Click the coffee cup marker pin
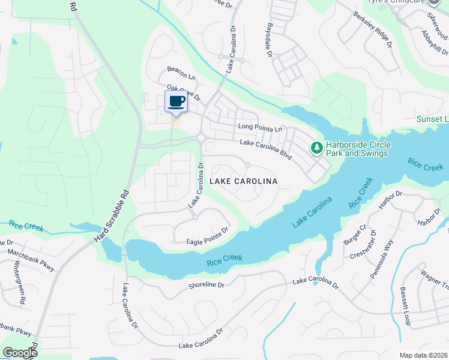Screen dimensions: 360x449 176,102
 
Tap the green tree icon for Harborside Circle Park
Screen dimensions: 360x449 316,147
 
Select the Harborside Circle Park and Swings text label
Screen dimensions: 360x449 358,149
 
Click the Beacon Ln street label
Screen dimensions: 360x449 181,77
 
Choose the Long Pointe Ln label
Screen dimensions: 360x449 260,128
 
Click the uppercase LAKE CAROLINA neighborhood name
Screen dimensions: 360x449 243,181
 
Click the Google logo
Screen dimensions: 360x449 20,353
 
